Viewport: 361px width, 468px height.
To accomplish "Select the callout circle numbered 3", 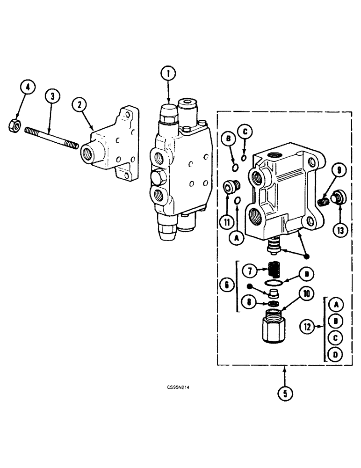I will point(52,96).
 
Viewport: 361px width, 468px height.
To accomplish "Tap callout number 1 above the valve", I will point(169,73).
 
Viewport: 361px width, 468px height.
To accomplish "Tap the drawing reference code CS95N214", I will point(180,388).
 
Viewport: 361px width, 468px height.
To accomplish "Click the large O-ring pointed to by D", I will point(273,283).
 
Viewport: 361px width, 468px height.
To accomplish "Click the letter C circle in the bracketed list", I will point(335,337).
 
